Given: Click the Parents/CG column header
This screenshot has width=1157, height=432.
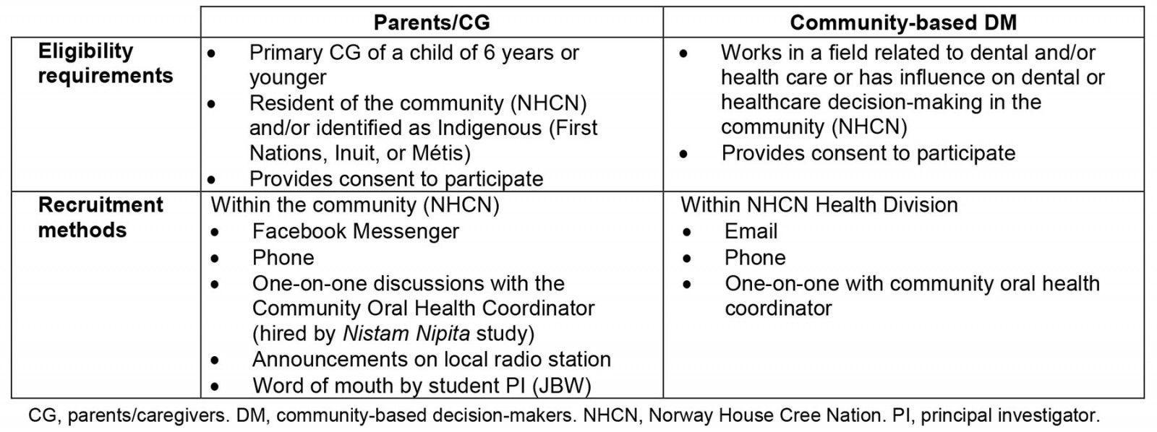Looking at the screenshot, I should click(x=432, y=22).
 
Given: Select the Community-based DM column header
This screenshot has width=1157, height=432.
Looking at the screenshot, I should click(x=903, y=22).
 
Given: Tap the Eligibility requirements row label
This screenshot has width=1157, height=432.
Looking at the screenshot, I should click(x=105, y=64).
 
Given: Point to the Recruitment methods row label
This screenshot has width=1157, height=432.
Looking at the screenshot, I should click(x=101, y=217).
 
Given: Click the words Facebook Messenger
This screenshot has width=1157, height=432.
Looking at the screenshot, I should click(x=355, y=231).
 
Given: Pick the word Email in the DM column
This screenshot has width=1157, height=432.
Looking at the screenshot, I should click(x=751, y=231).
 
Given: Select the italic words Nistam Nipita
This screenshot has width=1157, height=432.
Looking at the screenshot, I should click(x=406, y=334).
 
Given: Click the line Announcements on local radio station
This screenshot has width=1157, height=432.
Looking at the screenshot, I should click(x=431, y=360).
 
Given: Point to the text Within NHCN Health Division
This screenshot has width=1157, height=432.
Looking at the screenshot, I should click(x=819, y=205).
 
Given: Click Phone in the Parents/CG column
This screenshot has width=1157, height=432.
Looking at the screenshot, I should click(x=283, y=258).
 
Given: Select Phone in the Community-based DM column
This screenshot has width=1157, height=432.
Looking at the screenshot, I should click(x=755, y=258).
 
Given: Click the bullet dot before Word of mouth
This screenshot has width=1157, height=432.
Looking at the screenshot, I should click(x=215, y=386).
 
